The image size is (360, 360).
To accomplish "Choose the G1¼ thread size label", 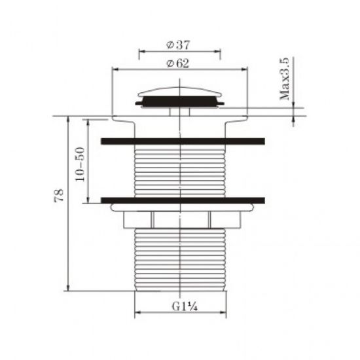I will [181, 305].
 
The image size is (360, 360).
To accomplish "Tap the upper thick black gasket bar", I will [183, 141].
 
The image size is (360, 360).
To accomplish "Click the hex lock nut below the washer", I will [180, 221].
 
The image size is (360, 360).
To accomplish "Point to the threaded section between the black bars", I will [180, 170].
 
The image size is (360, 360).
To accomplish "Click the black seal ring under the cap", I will [180, 101].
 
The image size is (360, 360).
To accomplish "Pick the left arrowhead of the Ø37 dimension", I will [142, 51].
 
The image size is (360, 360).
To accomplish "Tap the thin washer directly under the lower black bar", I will [183, 208].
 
